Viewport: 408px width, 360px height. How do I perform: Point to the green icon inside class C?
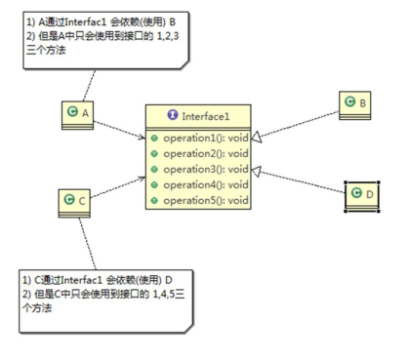point(69,201)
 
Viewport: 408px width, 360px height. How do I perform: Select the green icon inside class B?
point(350,102)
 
